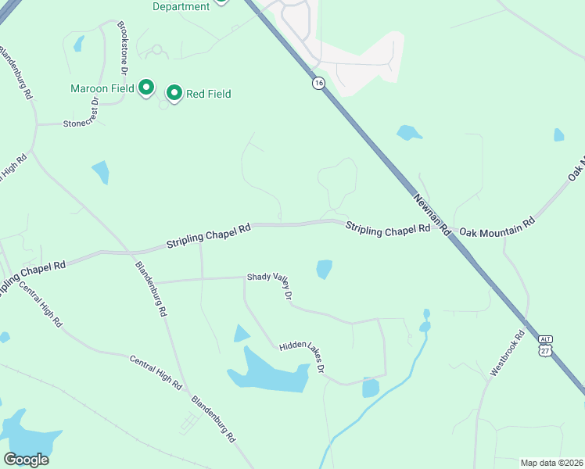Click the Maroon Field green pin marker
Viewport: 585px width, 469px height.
(x=146, y=88)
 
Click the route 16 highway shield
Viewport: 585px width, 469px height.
(x=318, y=83)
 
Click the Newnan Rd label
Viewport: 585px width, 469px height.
(x=432, y=215)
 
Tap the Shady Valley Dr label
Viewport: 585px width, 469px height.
(x=270, y=286)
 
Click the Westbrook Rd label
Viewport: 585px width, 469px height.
(x=508, y=354)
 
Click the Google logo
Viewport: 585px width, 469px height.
(x=26, y=460)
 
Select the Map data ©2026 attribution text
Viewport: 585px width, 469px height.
(x=551, y=463)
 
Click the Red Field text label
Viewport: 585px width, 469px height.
(x=208, y=94)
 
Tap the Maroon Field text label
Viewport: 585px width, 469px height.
(x=102, y=88)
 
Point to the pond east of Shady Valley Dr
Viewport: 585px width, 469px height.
(x=324, y=269)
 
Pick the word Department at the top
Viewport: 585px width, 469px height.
(x=181, y=6)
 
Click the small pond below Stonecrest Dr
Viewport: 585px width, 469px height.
(x=100, y=172)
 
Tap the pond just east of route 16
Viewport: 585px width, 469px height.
(x=408, y=133)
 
